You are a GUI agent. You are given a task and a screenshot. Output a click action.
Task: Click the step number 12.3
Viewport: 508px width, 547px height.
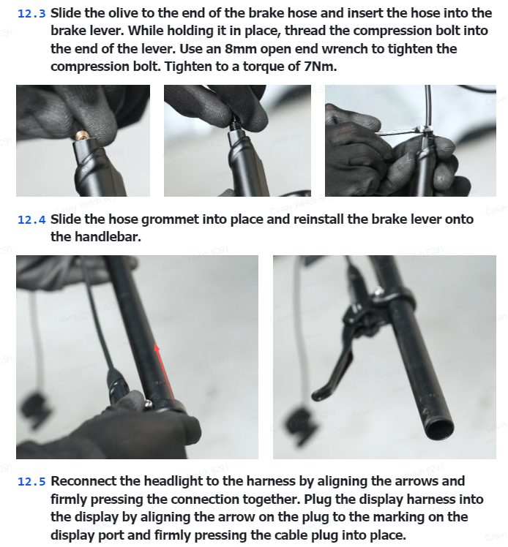pos(31,14)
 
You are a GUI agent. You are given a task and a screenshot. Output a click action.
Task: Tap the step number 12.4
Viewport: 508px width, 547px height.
pos(31,220)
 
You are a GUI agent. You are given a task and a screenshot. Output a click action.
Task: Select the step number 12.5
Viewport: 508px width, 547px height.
pos(31,482)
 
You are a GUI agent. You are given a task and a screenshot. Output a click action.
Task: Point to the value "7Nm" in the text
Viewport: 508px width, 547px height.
pos(319,67)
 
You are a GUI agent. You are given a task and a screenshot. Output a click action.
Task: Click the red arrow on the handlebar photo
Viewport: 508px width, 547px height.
pos(165,372)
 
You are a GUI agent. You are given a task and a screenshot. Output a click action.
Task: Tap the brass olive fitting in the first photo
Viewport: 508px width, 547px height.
pos(83,136)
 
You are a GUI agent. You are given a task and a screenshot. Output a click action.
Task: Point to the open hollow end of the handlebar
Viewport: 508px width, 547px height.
pos(440,429)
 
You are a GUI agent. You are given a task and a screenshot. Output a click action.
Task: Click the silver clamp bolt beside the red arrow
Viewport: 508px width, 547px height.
pos(149,404)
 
